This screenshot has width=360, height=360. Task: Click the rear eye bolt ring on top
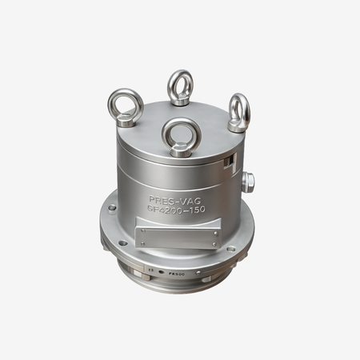click(x=180, y=83)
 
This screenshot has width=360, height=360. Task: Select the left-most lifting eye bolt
click(x=126, y=104)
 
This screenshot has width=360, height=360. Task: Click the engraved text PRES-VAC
click(x=175, y=198)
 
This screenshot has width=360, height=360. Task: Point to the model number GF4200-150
click(x=176, y=209)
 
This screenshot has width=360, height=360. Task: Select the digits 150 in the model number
click(x=194, y=209)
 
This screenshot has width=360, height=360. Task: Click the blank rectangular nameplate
click(x=178, y=236)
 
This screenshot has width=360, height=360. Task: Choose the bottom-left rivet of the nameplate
click(x=141, y=243)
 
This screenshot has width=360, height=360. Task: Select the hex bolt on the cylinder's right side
click(x=248, y=182)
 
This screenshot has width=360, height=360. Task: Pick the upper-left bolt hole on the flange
click(x=112, y=207)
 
